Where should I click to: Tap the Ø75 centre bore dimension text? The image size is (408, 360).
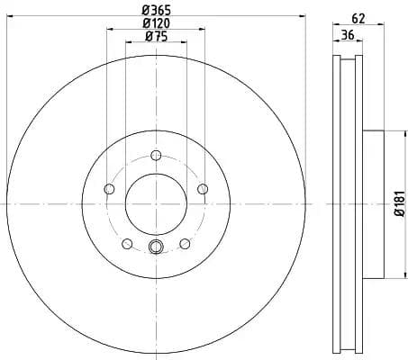[x=155, y=37]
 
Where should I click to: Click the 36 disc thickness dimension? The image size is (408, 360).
[x=347, y=36]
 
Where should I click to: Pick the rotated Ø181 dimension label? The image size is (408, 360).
[x=398, y=205]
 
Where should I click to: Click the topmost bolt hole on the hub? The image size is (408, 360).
[x=155, y=155]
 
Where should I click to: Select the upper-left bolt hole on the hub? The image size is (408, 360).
[x=109, y=188]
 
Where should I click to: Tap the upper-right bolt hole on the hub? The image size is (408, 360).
[x=202, y=188]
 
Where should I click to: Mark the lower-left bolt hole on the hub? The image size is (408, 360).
[x=127, y=243]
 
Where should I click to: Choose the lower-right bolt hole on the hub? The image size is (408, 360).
[x=185, y=243]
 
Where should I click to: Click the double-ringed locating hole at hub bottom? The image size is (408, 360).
[x=155, y=248]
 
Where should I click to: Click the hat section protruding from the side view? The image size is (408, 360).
[x=373, y=205]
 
